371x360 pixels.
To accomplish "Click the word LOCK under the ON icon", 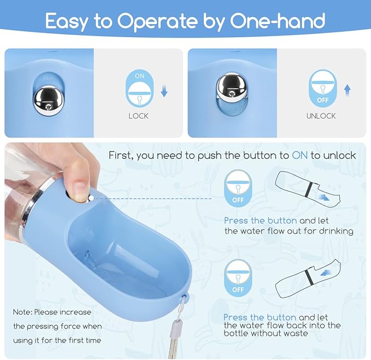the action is click(138, 116).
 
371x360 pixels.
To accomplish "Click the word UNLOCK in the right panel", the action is click(321, 116).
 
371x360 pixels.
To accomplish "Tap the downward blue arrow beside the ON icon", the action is click(164, 91).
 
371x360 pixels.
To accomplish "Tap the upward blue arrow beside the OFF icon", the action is click(347, 90).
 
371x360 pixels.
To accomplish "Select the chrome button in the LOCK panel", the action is click(49, 101).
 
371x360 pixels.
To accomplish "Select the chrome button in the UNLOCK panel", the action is click(232, 86).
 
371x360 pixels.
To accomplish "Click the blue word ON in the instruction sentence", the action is click(300, 155).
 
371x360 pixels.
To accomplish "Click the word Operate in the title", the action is click(157, 21).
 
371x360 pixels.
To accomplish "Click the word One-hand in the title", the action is click(278, 20).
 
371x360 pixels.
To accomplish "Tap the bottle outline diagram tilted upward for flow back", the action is click(308, 279).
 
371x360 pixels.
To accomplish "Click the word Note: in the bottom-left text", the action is click(22, 312).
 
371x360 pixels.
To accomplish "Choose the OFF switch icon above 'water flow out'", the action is click(238, 188).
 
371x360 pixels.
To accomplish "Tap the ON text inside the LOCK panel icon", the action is click(139, 76).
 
